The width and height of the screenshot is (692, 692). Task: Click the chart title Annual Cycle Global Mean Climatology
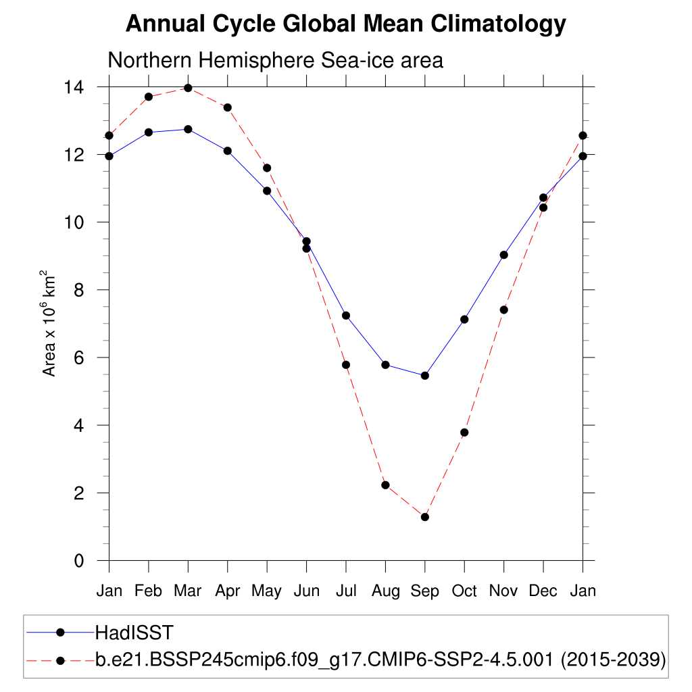(x=345, y=24)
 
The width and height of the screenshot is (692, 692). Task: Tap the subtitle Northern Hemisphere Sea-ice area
(x=275, y=60)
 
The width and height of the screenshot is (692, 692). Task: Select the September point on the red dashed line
(x=425, y=517)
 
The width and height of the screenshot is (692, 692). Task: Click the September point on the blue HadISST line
(x=425, y=375)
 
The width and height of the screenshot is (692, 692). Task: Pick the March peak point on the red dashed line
(x=188, y=88)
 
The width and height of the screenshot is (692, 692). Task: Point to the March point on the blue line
(x=188, y=129)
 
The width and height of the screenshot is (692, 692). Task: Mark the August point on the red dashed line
(x=385, y=485)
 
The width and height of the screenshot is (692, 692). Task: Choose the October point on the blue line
(x=464, y=319)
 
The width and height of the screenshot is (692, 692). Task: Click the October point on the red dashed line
(x=464, y=432)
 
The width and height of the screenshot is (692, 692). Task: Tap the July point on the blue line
(x=346, y=316)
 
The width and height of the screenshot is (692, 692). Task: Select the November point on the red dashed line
(x=503, y=310)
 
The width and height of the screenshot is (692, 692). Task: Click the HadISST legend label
(x=134, y=633)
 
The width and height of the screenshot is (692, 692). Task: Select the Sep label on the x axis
(x=425, y=591)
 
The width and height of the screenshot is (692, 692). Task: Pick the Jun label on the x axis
(x=306, y=591)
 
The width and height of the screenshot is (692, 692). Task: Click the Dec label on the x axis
(x=543, y=591)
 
